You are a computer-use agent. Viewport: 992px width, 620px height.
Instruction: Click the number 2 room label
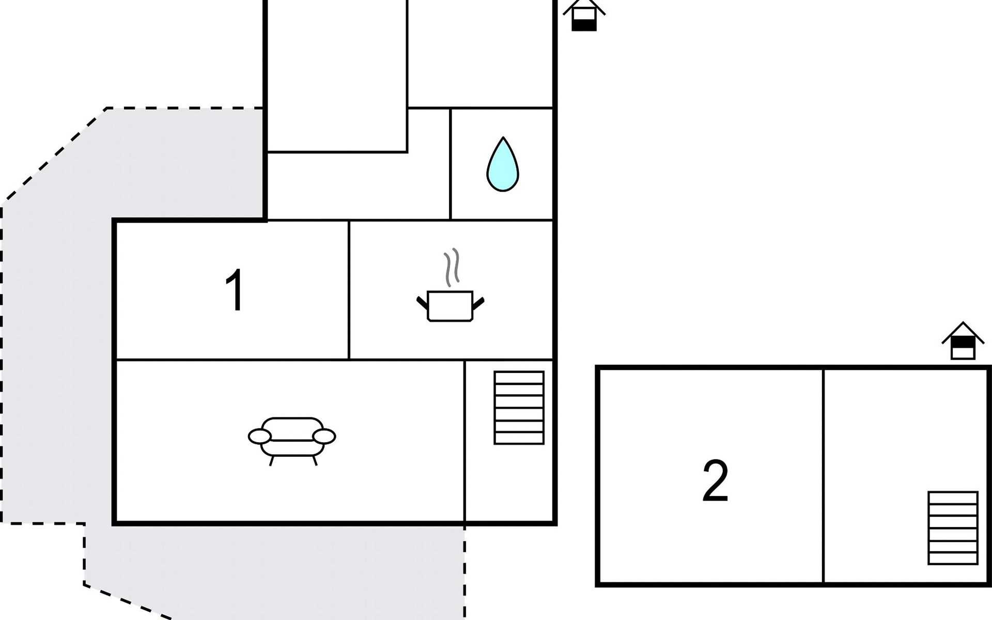coord(716,481)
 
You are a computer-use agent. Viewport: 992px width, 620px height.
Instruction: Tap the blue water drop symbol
coord(502,164)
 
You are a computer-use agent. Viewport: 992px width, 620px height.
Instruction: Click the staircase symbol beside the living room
coord(519,408)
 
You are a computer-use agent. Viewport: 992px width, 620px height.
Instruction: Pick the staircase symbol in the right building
coord(953,528)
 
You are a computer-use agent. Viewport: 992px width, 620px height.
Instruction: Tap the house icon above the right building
coord(963,340)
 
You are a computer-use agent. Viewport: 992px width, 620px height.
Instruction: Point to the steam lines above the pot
coord(452,267)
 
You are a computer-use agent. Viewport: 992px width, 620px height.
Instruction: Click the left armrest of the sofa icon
coord(259,437)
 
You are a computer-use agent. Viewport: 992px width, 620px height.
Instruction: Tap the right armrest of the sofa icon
coord(324,437)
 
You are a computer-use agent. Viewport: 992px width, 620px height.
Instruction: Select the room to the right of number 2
coord(905,475)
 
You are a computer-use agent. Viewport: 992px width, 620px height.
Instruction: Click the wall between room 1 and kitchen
coord(349,290)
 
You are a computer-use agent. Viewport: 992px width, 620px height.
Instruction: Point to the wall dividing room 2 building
coord(823,475)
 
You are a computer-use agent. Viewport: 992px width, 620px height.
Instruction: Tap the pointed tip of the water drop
coord(503,137)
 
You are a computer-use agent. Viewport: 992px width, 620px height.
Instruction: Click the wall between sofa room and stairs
coord(464,441)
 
